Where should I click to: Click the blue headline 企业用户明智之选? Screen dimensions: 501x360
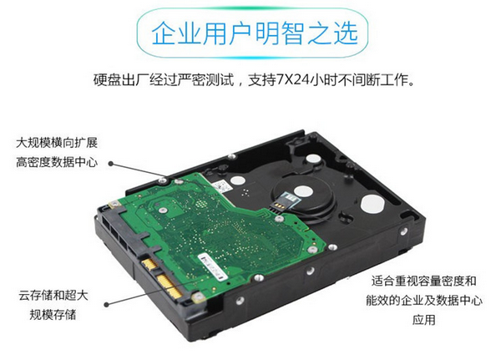255,33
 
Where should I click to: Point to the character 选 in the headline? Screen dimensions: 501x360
346,33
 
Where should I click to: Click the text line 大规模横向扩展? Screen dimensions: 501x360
57,143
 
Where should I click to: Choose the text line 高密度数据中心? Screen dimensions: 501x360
57,162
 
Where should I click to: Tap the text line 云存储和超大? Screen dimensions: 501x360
53,295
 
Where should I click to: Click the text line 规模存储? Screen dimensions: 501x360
53,315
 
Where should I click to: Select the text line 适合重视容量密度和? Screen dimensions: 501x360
423,281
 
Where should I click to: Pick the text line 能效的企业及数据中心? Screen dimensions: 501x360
424,300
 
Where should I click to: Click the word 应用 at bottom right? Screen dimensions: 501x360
424,320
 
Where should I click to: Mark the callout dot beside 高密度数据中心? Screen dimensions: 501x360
111,164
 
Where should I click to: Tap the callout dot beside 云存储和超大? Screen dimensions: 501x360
107,305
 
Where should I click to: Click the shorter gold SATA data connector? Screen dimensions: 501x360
149,264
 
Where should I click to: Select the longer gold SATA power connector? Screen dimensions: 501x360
170,286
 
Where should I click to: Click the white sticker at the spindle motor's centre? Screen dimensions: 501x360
303,191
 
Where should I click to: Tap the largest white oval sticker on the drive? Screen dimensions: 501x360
372,204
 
